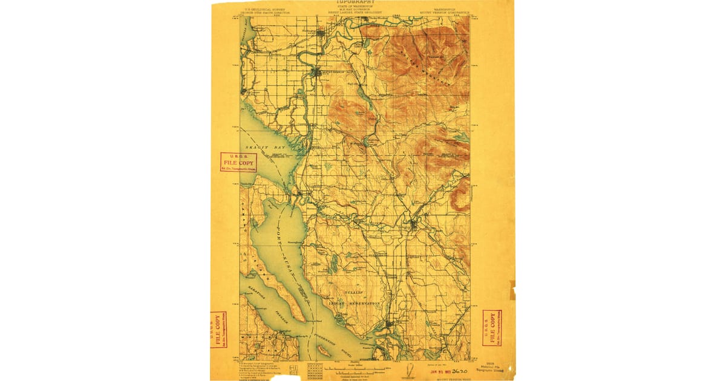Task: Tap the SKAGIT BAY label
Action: (261, 148)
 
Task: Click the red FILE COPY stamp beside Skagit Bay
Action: (238, 162)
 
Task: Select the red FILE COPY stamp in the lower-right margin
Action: (491, 327)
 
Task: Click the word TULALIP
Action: (353, 292)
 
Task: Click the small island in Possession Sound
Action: (324, 351)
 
